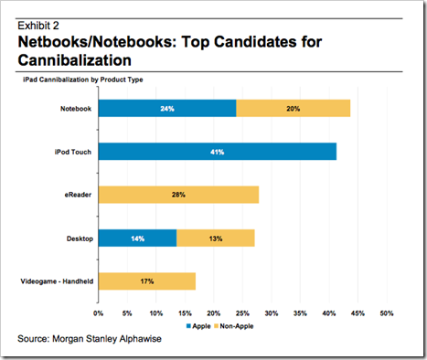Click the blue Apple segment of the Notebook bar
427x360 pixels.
click(x=167, y=108)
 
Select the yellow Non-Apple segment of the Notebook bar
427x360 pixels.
click(x=294, y=108)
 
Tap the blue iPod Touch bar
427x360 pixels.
click(x=218, y=152)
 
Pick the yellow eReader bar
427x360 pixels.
click(x=179, y=195)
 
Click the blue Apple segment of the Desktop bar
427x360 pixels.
click(x=138, y=238)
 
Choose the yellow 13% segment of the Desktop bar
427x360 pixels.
click(x=216, y=238)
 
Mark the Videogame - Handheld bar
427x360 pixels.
click(x=147, y=281)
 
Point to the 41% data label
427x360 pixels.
click(x=218, y=152)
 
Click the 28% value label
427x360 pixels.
click(x=178, y=195)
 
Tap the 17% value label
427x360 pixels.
click(x=147, y=281)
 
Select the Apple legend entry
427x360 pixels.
click(x=198, y=326)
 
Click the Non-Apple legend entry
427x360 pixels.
click(x=234, y=326)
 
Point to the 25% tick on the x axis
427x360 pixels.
click(x=242, y=313)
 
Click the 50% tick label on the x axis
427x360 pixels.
click(x=387, y=313)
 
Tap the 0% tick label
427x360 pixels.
click(x=98, y=313)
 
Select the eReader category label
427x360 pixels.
click(x=78, y=195)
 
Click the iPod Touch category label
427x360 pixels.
click(x=73, y=152)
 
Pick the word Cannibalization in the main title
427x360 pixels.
click(x=75, y=60)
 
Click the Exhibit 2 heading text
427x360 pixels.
click(x=38, y=26)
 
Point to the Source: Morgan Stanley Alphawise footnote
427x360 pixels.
click(x=90, y=339)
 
